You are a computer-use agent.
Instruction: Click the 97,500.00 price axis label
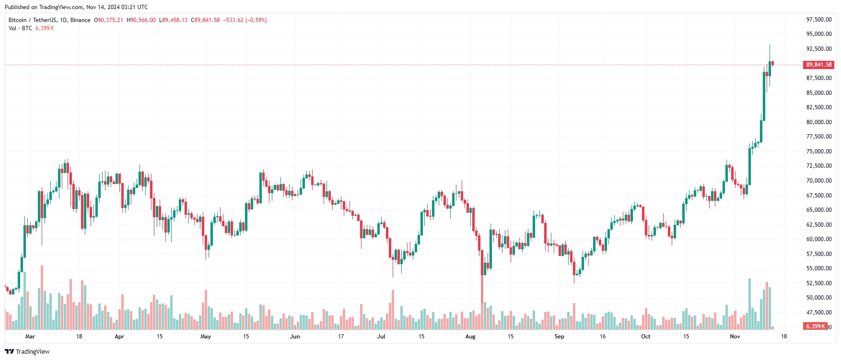click(818, 20)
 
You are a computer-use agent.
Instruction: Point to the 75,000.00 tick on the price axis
click(818, 151)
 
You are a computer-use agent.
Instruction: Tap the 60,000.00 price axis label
click(818, 239)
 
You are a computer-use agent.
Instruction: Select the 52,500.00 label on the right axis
click(818, 283)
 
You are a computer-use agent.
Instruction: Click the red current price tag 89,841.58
click(818, 65)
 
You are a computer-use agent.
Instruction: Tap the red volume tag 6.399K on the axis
click(815, 326)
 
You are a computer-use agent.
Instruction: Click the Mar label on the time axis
click(30, 337)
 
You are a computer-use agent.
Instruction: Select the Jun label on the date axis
click(295, 337)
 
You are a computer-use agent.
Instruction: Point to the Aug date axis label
click(470, 337)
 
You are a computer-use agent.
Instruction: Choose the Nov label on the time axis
click(735, 337)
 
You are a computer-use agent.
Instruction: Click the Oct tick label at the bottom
click(646, 337)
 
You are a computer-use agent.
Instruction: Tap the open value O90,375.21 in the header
click(108, 20)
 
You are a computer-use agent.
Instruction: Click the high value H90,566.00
click(141, 20)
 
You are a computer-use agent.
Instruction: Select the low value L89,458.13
click(173, 20)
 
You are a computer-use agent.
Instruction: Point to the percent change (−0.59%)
click(256, 20)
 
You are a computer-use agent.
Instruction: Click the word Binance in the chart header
click(80, 20)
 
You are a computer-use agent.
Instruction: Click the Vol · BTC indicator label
click(20, 28)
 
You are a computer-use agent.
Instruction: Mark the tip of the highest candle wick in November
click(770, 45)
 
